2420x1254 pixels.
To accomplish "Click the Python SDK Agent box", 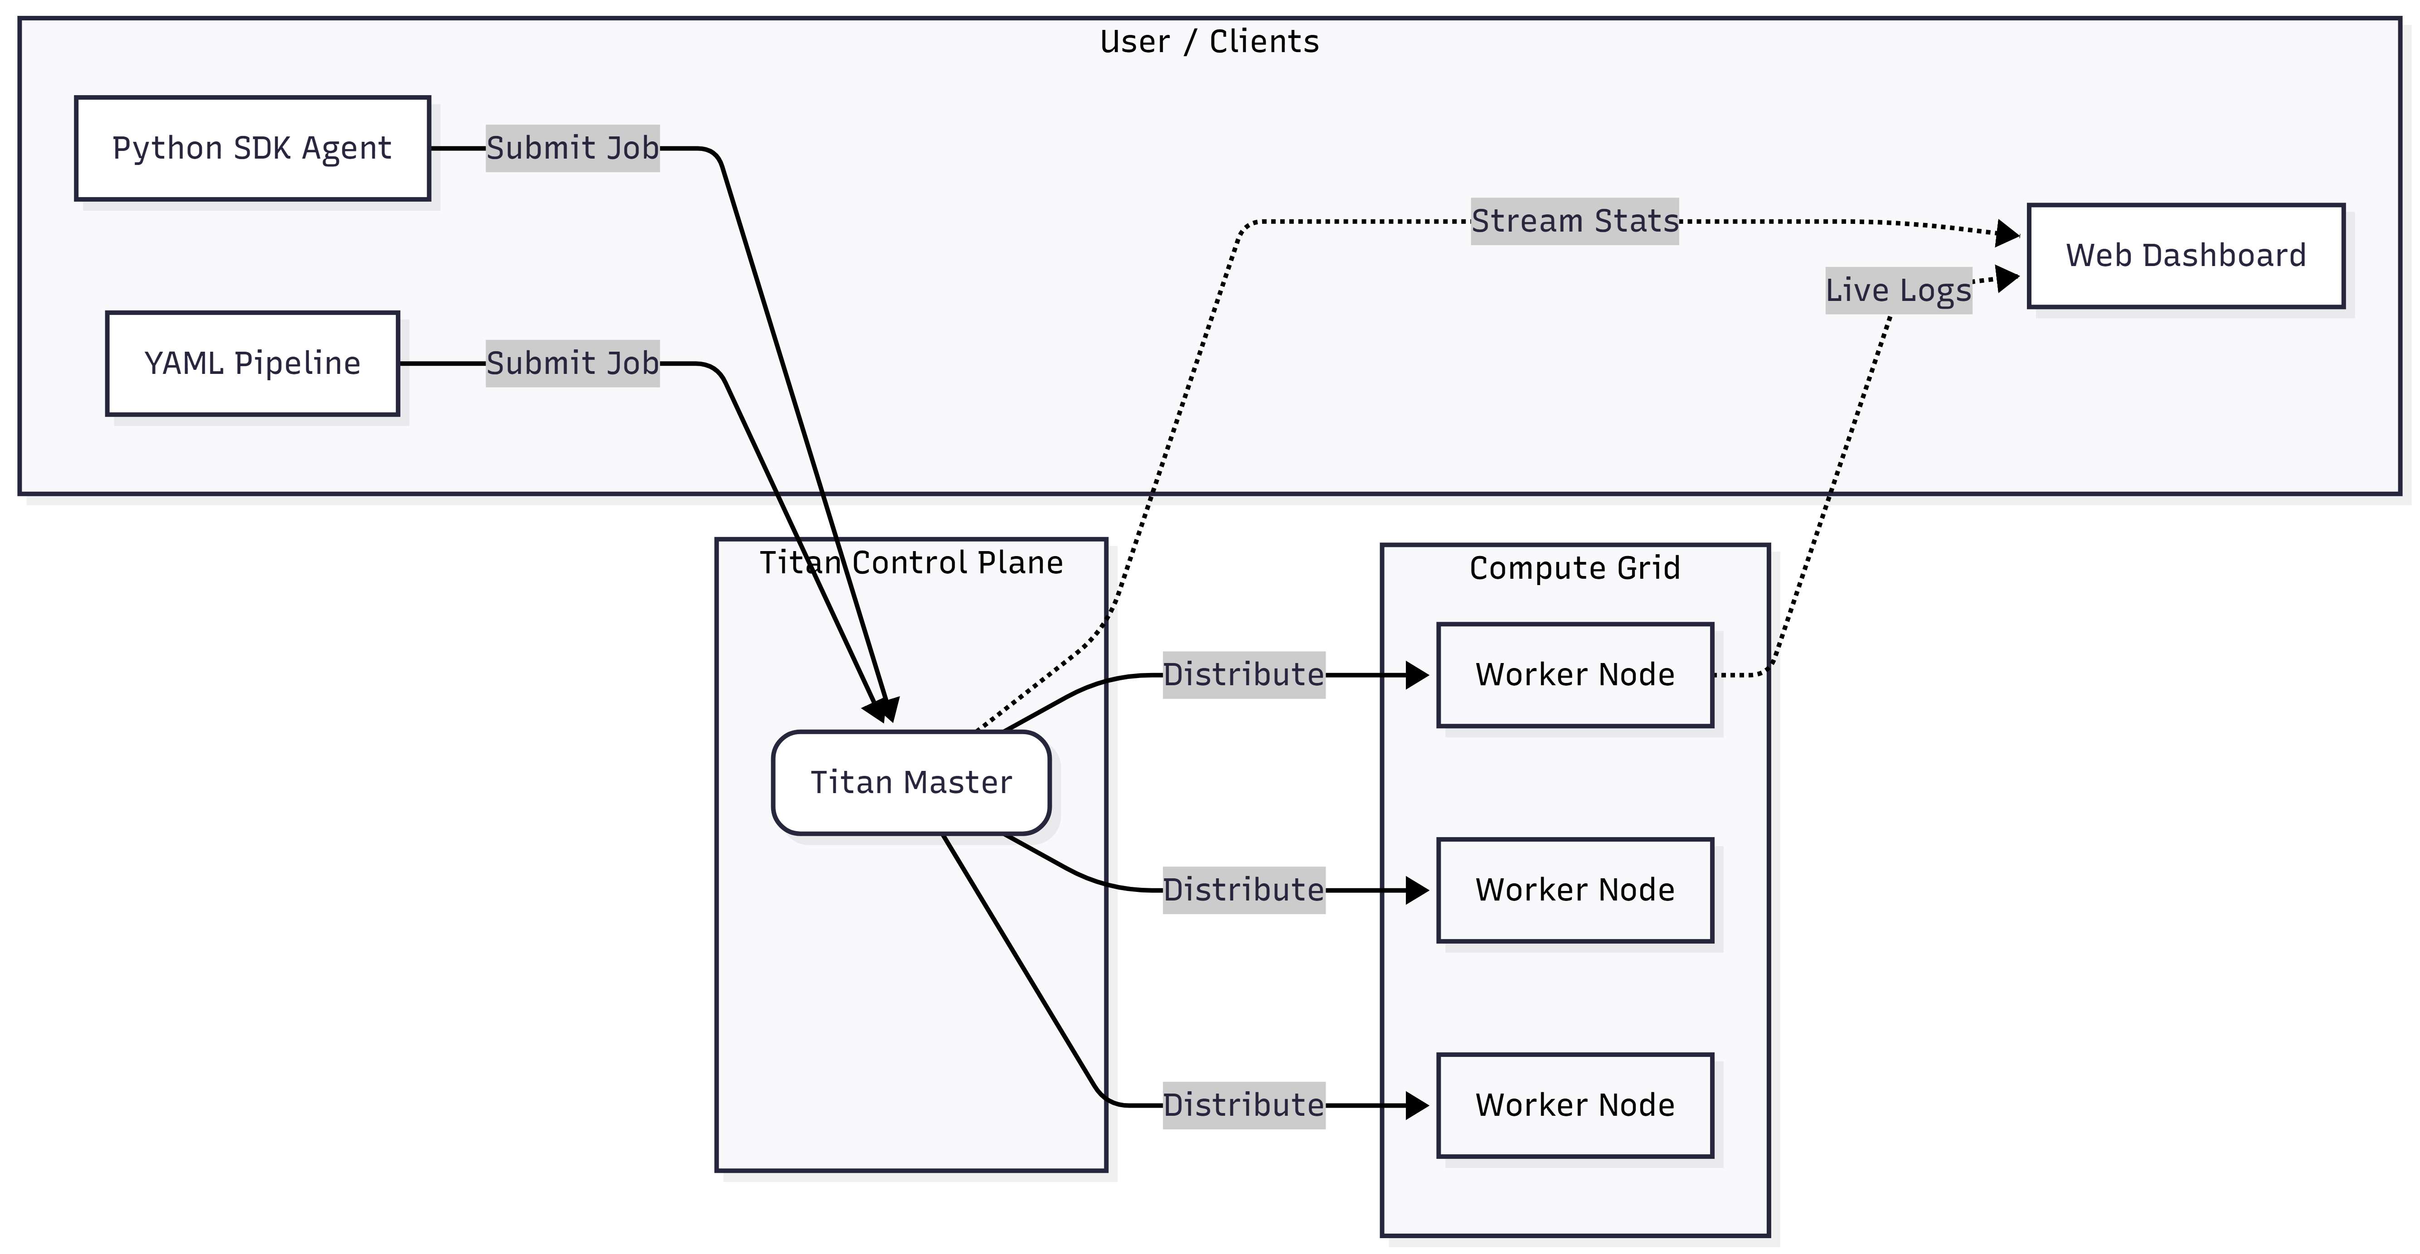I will tap(252, 148).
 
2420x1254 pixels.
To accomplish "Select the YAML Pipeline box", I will tap(252, 363).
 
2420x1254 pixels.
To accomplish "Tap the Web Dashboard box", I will tap(2185, 256).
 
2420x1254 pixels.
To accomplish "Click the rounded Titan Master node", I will tap(910, 783).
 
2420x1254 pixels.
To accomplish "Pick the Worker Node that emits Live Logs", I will tap(1574, 674).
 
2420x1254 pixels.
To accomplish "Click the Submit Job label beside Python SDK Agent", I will tap(572, 148).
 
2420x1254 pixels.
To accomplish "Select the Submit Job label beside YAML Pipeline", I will tap(572, 363).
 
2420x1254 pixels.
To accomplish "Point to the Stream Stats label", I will tap(1574, 222).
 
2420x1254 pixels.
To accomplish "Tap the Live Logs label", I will tap(1898, 290).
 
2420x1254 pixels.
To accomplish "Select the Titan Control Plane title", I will tap(910, 563).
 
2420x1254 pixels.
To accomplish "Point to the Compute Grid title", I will tap(1574, 568).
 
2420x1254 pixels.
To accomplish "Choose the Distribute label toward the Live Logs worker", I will tap(1243, 674).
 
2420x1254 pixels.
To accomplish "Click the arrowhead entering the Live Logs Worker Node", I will tap(1417, 674).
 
